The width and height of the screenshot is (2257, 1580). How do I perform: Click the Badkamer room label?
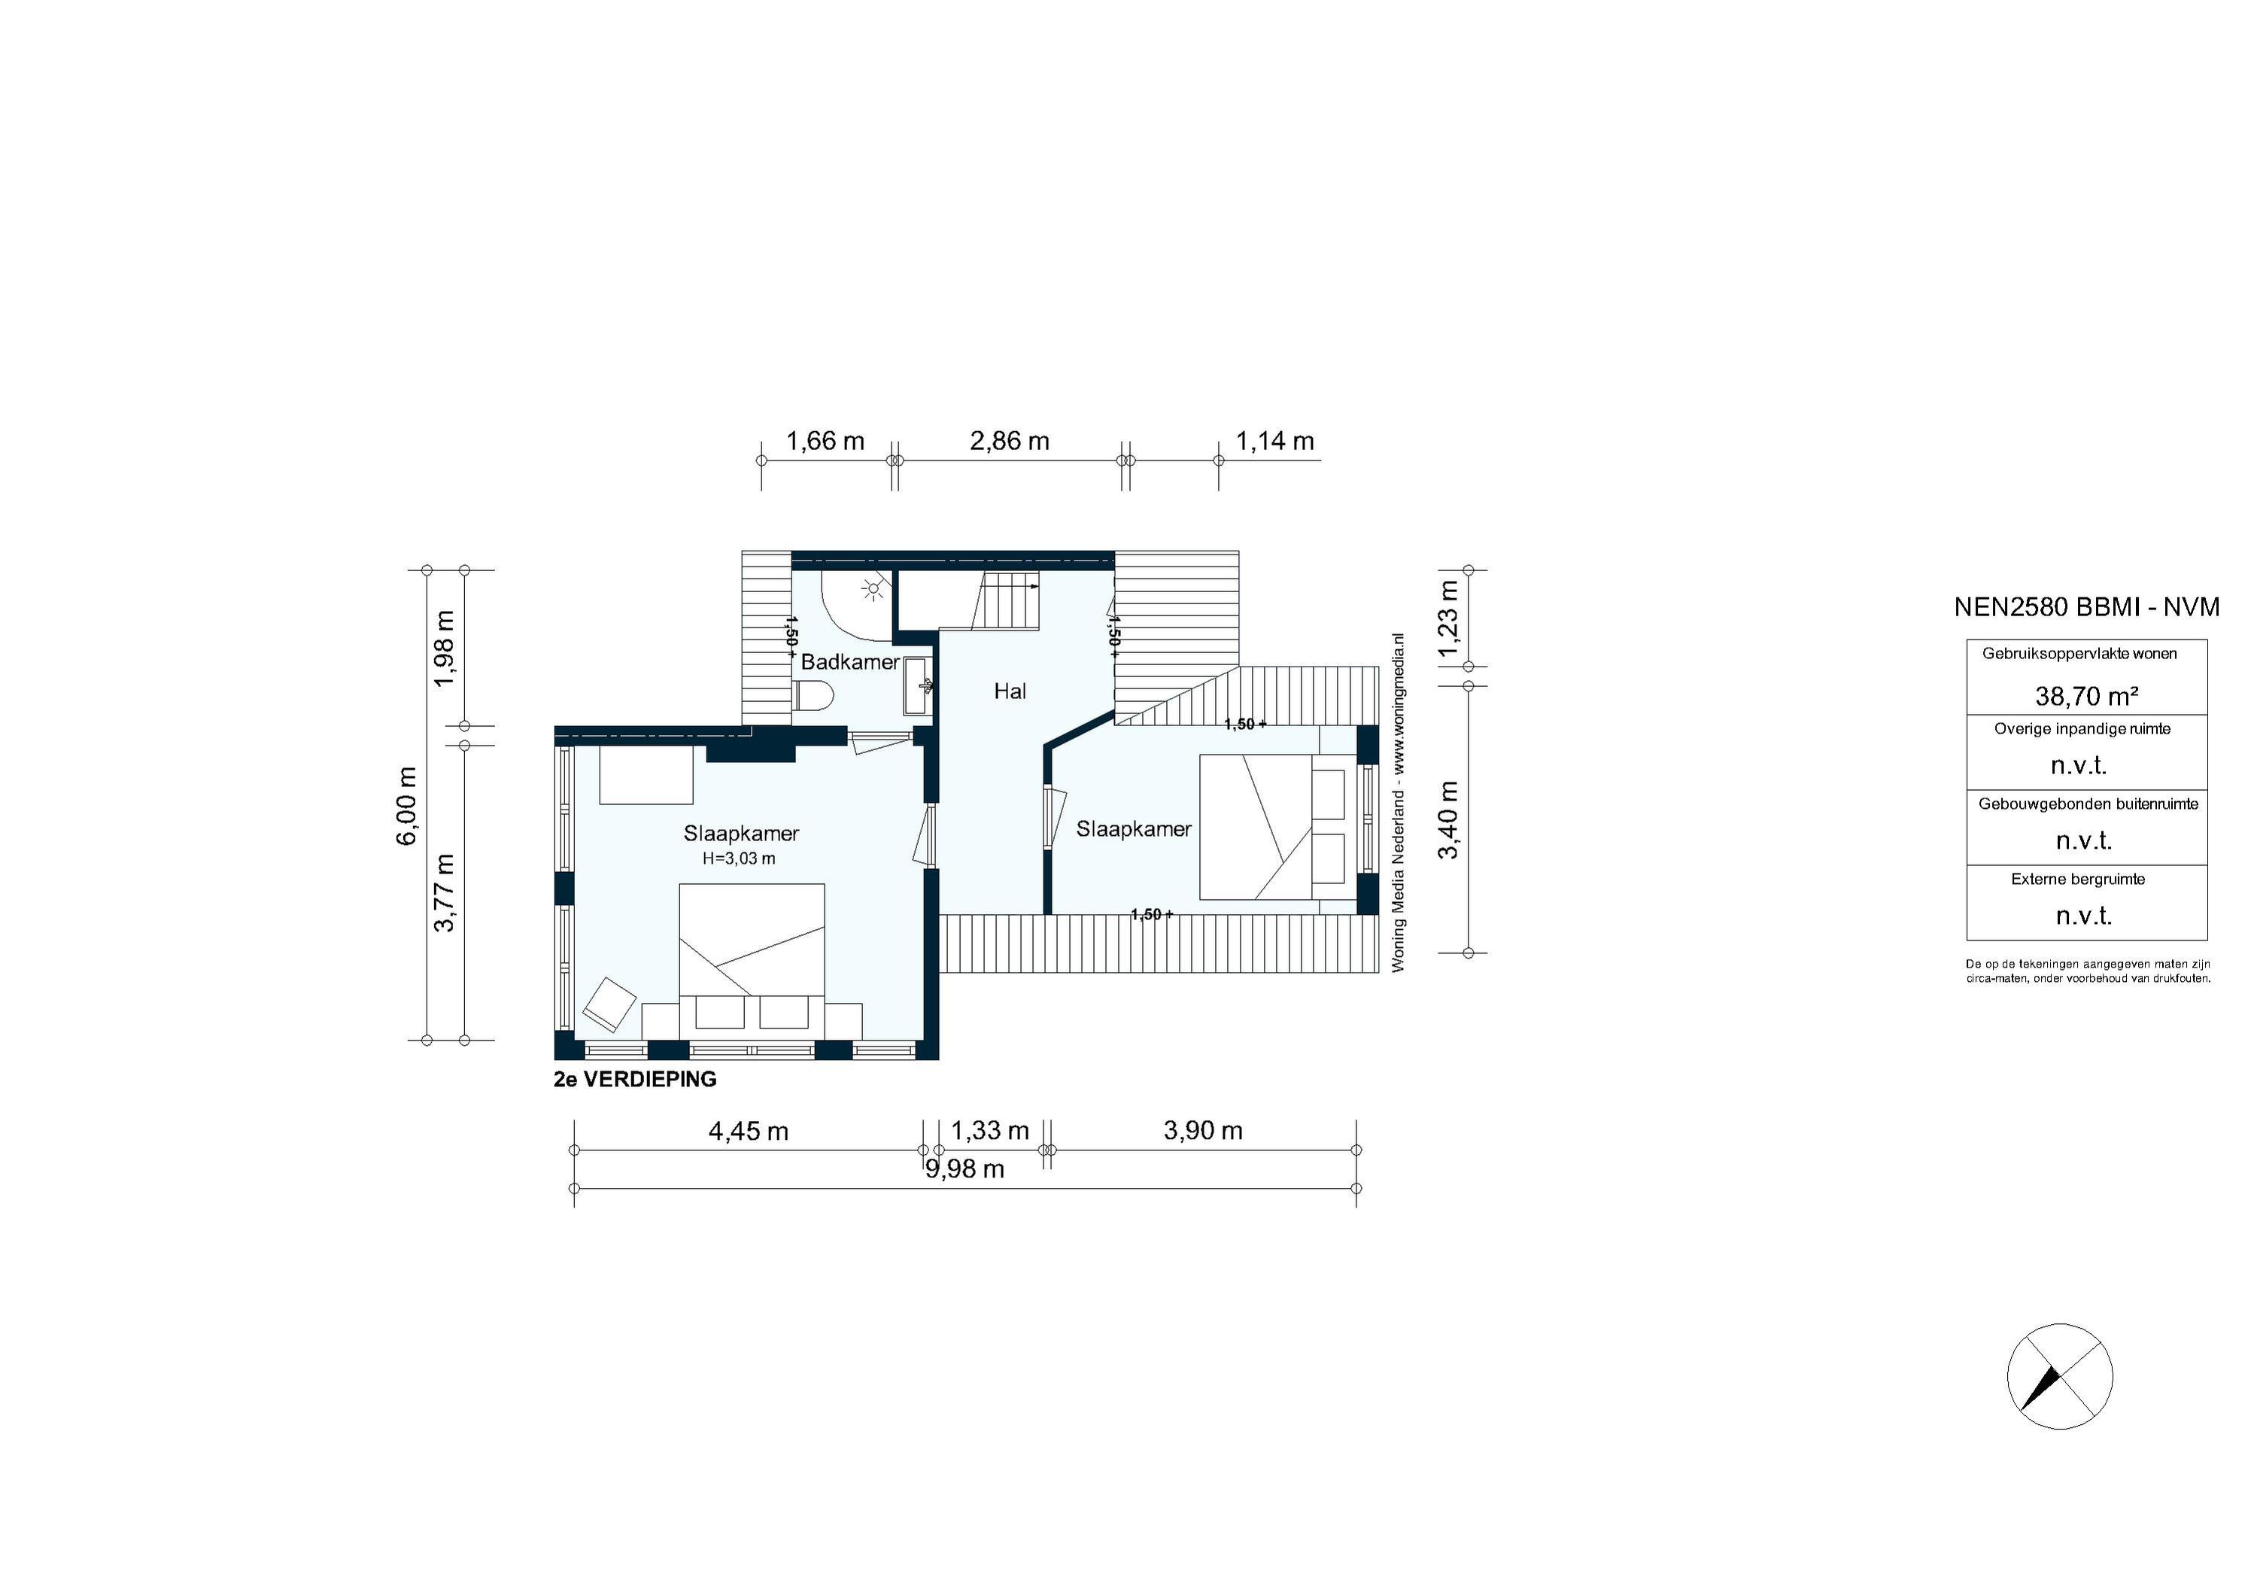pos(849,661)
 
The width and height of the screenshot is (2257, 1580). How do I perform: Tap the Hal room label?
pos(1010,691)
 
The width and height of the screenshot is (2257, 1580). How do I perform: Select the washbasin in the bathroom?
pos(919,686)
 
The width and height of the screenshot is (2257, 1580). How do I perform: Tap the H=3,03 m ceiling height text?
pos(738,858)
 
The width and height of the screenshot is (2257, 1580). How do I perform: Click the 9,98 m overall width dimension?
pos(964,1169)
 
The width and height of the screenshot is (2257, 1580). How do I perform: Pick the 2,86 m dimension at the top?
pos(1010,442)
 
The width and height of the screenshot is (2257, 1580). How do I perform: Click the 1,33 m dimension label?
pos(990,1131)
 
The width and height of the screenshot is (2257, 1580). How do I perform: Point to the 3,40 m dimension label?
pos(1449,820)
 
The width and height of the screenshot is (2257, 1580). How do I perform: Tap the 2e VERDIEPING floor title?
pos(635,1080)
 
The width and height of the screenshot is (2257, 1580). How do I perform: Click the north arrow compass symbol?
pos(2059,1376)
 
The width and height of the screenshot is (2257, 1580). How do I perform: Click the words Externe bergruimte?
pos(2077,879)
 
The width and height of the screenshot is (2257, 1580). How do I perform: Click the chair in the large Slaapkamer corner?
pos(609,1004)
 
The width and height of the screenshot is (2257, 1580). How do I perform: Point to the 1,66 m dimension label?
pos(825,442)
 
